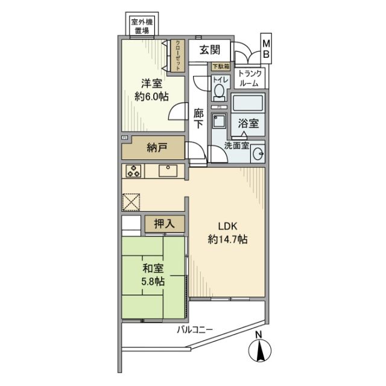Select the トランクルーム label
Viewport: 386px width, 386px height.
249,77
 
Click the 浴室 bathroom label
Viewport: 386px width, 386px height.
248,123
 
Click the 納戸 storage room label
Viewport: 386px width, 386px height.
156,147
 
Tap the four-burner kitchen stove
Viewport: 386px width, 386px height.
133,171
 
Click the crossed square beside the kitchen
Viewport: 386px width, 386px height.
131,201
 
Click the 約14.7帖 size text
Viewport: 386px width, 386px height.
227,239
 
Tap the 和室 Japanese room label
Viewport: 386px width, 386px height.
151,268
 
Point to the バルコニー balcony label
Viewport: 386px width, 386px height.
195,329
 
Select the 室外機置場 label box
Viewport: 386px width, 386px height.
142,26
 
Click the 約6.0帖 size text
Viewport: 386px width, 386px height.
151,97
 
